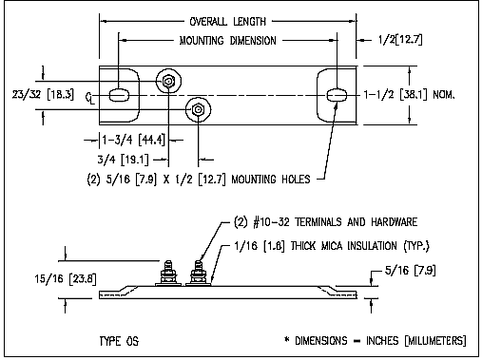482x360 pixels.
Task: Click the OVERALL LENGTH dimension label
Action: tap(227, 22)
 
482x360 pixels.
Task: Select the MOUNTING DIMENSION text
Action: tap(227, 41)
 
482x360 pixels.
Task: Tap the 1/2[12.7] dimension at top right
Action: tap(400, 40)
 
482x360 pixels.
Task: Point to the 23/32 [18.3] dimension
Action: tap(43, 94)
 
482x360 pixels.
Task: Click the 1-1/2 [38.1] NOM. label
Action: tap(409, 94)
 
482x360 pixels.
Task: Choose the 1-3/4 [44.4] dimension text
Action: tap(133, 140)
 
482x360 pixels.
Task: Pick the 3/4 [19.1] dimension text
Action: tap(123, 160)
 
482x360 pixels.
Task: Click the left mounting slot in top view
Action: tap(119, 95)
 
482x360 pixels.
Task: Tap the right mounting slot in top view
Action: tap(337, 95)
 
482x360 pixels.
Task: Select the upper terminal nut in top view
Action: tap(168, 82)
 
